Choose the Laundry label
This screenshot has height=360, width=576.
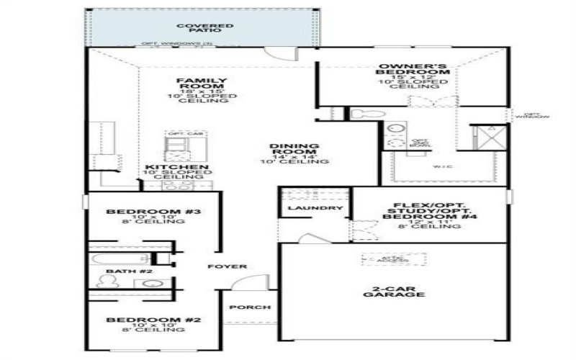coord(315,208)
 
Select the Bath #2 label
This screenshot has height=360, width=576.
coord(120,271)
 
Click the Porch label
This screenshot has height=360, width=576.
coord(249,307)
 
